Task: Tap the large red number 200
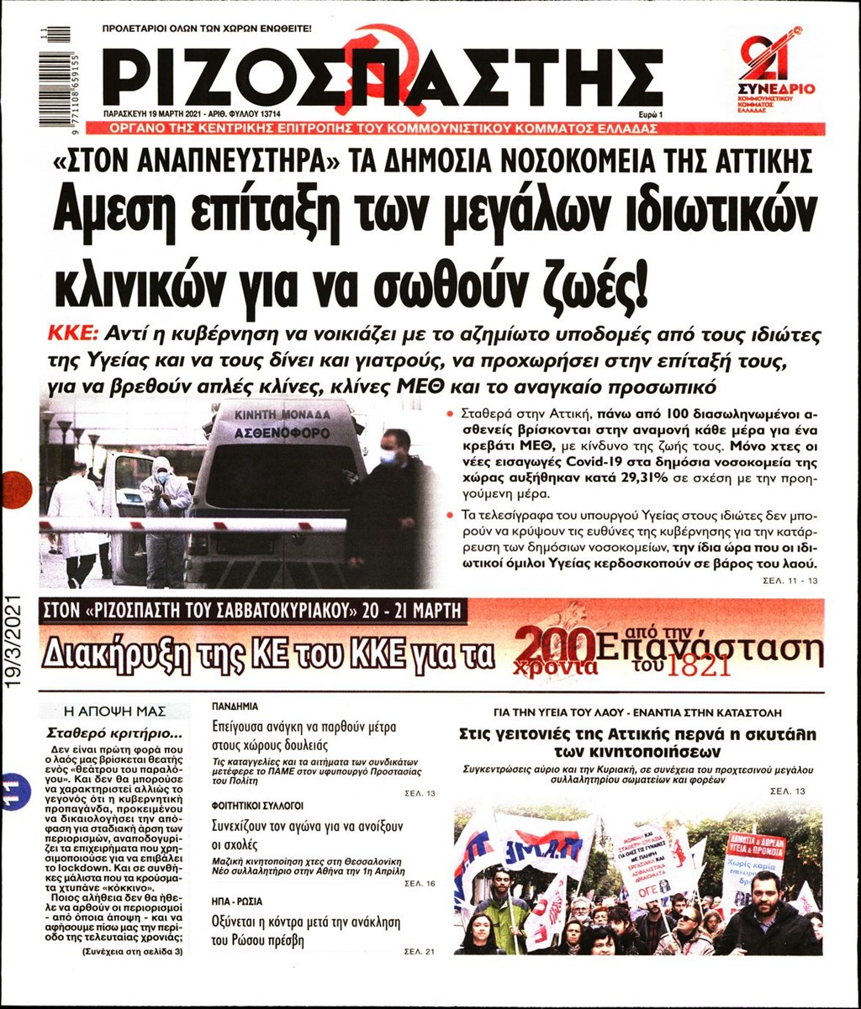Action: click(556, 648)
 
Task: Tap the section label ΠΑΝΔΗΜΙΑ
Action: click(235, 707)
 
